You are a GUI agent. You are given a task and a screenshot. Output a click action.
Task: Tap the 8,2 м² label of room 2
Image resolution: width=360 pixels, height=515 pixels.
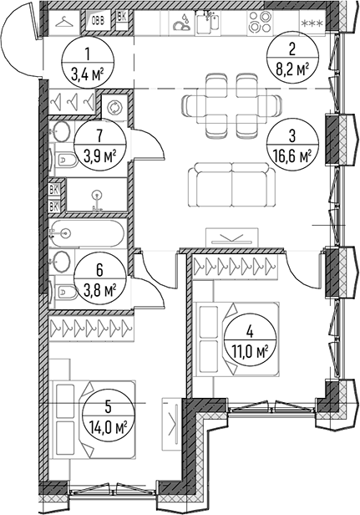(292, 69)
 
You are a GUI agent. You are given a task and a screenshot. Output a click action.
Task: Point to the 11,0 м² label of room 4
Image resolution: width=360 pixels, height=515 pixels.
(250, 354)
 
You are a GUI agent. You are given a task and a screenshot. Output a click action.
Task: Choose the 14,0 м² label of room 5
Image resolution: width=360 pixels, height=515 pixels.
(108, 428)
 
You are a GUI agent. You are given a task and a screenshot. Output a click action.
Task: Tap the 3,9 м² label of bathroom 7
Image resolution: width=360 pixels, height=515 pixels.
(100, 154)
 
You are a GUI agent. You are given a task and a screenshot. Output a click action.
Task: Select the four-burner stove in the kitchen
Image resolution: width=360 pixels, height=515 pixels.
(260, 22)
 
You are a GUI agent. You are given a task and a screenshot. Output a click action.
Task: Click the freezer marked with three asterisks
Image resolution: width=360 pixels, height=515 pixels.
(312, 23)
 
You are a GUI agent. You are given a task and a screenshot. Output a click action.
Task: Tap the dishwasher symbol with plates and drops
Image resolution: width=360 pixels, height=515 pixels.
(182, 23)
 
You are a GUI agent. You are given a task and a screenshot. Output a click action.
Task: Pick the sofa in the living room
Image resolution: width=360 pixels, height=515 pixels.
(232, 184)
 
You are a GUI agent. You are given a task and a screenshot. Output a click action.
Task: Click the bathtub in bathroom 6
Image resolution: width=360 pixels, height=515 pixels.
(87, 233)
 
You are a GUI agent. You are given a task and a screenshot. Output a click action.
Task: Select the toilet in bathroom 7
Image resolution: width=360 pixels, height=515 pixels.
(63, 160)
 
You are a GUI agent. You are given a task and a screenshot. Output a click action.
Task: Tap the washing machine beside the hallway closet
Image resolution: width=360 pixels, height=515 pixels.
(115, 108)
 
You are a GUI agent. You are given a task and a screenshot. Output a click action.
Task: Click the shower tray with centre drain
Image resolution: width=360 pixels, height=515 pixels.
(97, 195)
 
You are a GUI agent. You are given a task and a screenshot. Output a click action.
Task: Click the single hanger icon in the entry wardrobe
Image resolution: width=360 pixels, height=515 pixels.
(64, 23)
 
